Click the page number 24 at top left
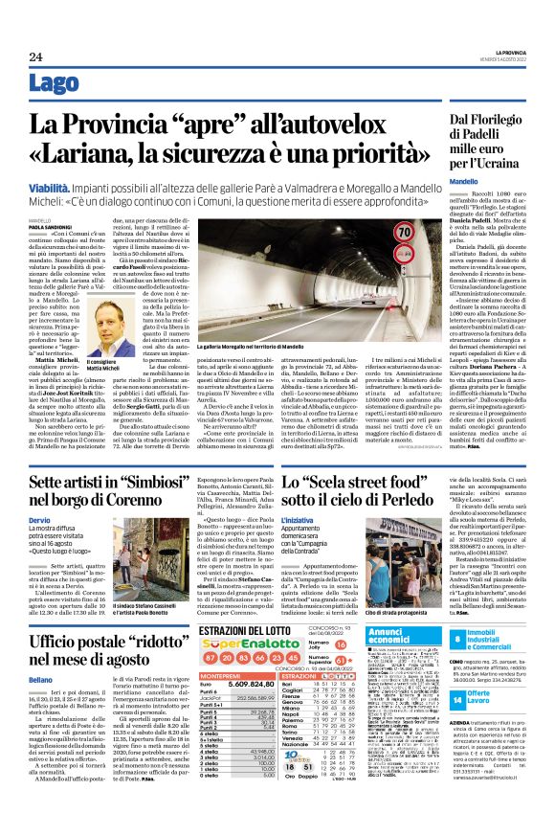click(x=34, y=58)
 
